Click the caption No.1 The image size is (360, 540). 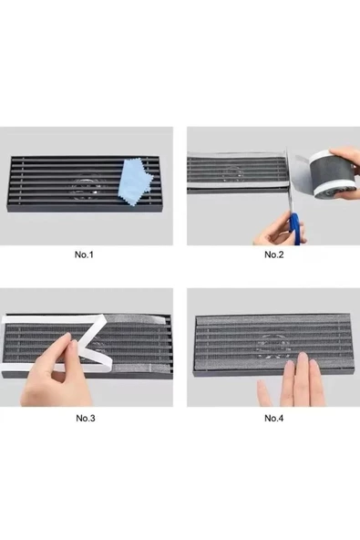pyautogui.click(x=85, y=254)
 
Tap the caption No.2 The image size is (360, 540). pyautogui.click(x=273, y=254)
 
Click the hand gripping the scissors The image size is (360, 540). pyautogui.click(x=273, y=230)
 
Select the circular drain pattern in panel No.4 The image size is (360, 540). pyautogui.click(x=273, y=345)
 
